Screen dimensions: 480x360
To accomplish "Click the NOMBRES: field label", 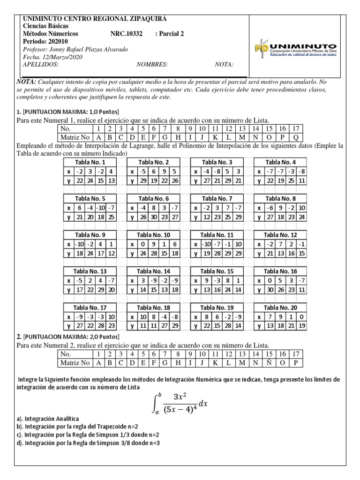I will click(152, 65).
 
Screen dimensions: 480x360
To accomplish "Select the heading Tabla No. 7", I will click(216, 198).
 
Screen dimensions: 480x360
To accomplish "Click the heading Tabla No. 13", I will click(90, 271).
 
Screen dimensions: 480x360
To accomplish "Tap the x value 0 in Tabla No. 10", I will click(142, 244).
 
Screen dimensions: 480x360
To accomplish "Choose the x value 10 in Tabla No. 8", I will click(301, 208).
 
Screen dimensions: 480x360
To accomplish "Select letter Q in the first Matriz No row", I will click(296, 137).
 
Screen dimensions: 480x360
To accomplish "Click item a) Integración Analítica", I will click(48, 418).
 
